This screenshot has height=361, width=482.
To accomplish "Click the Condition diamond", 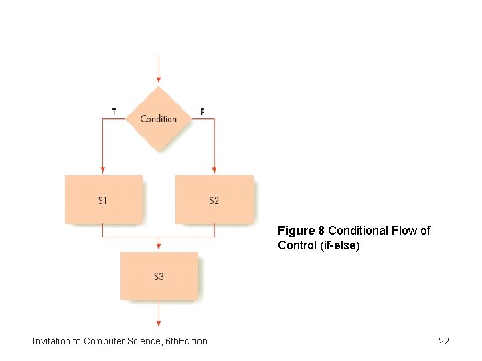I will click(x=159, y=119).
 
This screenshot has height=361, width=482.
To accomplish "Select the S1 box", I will click(x=103, y=199).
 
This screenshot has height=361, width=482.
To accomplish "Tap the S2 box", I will click(x=214, y=199).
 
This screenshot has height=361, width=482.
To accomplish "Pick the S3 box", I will click(x=159, y=275).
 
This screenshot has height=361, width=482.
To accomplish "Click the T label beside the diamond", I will click(x=114, y=112).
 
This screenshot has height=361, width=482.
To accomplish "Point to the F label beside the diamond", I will click(x=202, y=112).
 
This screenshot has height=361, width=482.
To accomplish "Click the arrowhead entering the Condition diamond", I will click(x=159, y=80).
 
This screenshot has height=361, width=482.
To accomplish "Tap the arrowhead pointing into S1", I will click(x=103, y=170).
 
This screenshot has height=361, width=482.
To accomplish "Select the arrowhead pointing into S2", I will click(x=214, y=170).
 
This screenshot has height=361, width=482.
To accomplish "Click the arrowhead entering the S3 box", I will click(x=159, y=247).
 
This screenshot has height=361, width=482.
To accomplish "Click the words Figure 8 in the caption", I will click(x=301, y=231).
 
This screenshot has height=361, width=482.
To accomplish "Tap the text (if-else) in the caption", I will click(x=340, y=245).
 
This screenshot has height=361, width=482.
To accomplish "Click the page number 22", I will click(x=443, y=341).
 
